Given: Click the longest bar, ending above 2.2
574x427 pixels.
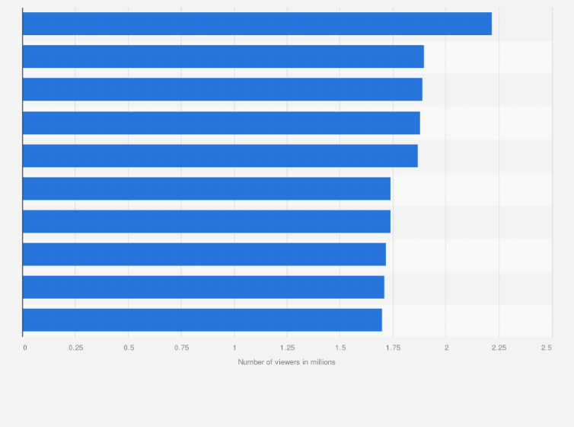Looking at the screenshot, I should pos(257,24).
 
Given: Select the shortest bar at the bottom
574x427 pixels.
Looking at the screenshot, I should pos(202,319).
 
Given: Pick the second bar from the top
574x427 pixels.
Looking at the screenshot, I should pos(223,56).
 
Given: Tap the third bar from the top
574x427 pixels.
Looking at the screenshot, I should pos(222,89).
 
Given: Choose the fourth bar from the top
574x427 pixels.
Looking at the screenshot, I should pos(221,123).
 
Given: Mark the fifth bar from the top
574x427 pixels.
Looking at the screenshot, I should pos(220,156).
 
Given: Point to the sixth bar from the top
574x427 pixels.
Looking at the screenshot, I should pos(206,188).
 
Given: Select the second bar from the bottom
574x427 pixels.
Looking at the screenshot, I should pos(203,287).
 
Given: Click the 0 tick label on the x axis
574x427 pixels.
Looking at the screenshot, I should pos(25,347).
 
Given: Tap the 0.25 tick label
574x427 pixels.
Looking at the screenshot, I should pos(75,347).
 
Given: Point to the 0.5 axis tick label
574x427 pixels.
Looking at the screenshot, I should pos(129,347).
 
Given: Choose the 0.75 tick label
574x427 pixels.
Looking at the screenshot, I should pos(181,347).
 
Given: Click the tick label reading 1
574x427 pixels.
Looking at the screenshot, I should pos(234,347).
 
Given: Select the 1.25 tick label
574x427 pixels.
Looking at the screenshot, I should pos(287,347).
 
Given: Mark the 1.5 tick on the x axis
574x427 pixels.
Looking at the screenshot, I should pos(340,347).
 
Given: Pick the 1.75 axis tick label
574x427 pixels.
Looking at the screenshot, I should pos(393,347).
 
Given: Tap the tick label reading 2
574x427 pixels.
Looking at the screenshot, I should pos(446,347).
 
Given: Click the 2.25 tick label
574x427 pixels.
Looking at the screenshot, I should pos(499,347).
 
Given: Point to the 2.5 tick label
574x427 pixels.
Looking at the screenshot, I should pos(547,347).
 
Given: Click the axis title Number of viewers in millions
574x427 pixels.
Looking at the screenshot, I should pos(286,362).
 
